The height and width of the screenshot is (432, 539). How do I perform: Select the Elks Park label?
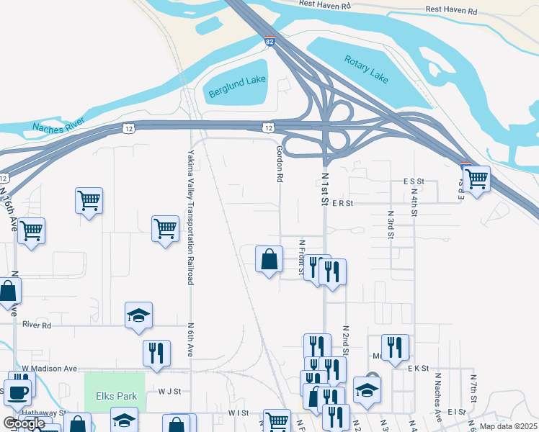coord(115,396)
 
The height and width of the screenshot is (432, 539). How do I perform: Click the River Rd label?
coord(37,325)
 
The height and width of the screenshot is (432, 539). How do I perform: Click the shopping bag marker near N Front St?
coord(269,260)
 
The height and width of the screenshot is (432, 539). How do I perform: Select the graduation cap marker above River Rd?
coord(138,315)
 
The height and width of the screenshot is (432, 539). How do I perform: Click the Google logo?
coord(24,423)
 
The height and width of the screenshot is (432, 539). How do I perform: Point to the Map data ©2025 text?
coord(508,426)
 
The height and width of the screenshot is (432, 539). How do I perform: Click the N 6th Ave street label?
coord(191,338)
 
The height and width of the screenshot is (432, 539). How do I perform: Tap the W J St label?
coord(169,392)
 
